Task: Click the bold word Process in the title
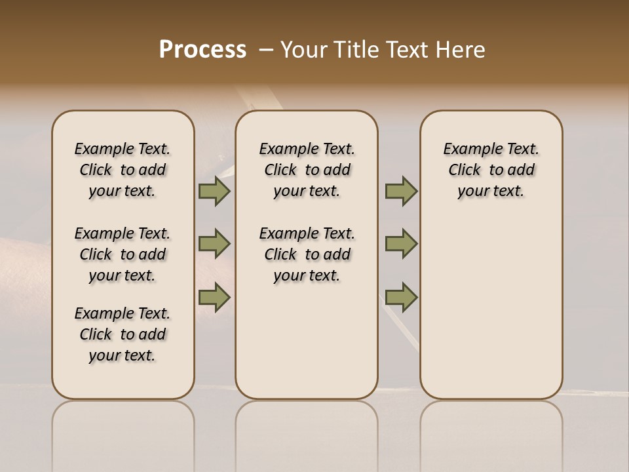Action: (x=202, y=50)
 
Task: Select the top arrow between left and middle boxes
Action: (x=214, y=191)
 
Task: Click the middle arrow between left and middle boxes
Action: (x=214, y=244)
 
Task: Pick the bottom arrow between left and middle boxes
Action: (x=214, y=297)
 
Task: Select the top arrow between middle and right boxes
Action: (x=401, y=191)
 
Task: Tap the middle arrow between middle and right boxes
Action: (x=401, y=244)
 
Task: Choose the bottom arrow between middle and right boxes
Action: (x=401, y=297)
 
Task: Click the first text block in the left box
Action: (x=123, y=170)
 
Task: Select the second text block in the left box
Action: (x=123, y=254)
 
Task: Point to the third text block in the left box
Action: (x=123, y=334)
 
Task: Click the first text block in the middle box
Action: (x=307, y=170)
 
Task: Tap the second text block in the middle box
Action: (x=307, y=254)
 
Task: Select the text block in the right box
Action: (x=491, y=170)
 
